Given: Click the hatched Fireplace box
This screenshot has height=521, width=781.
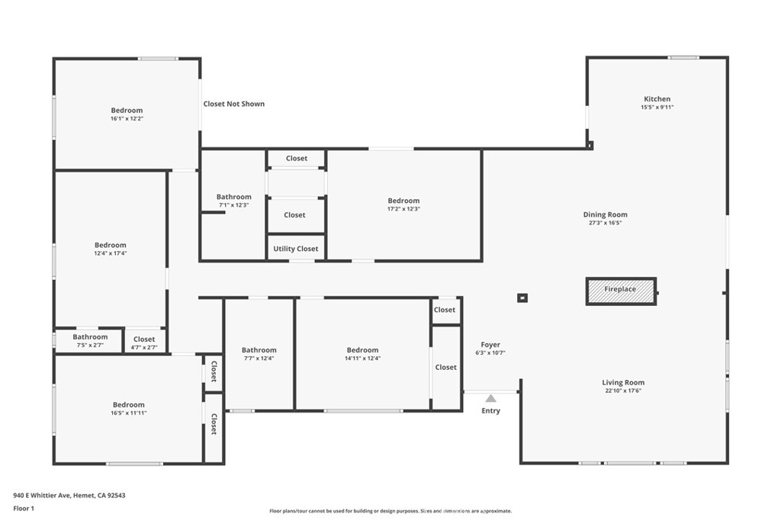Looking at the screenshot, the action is pos(621,291).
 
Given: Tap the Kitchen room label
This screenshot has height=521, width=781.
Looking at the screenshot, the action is pos(657,98).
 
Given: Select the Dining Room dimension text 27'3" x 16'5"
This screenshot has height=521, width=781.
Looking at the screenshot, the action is pos(605,223).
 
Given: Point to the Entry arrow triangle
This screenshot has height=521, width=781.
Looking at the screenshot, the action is pos(490,398).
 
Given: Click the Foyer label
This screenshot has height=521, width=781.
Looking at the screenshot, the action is pos(490,344).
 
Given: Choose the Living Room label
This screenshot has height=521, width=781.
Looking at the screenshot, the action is pos(623,382).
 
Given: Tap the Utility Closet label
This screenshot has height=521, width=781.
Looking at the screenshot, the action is pos(295,249).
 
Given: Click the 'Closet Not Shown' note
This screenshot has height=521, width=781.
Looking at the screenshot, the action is pos(233,104).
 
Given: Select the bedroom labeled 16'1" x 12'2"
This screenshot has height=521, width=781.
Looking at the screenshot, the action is pos(127,114).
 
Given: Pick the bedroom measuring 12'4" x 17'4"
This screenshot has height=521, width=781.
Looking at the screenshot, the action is pos(110,249).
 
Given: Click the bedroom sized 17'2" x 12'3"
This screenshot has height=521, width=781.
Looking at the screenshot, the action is pos(403,204).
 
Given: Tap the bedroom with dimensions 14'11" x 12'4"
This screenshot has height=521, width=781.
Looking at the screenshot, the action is pos(362,354).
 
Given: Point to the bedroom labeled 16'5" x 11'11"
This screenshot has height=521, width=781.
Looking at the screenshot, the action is pos(128,408).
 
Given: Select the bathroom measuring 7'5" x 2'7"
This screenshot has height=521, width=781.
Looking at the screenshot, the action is pos(90,341).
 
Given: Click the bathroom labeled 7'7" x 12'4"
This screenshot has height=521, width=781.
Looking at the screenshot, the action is pos(259,354).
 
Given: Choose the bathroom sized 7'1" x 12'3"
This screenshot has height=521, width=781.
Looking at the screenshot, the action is pos(233,200).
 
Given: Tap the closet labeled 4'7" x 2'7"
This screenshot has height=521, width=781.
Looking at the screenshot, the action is pos(144,343).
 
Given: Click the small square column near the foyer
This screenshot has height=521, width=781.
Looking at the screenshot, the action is pos(522,297).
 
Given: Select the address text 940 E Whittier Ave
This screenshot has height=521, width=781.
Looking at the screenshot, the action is pos(43,495).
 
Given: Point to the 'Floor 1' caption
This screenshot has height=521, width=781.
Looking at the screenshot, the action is pos(24,508).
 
